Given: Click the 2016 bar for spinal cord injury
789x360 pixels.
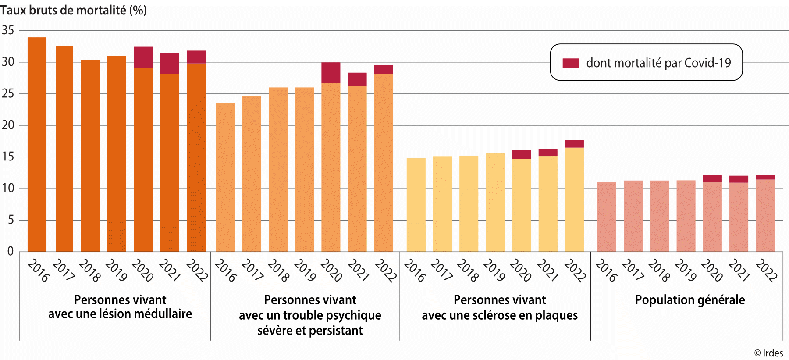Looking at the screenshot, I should (x=37, y=145).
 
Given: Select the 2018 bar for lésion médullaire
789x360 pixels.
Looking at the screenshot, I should (x=90, y=156).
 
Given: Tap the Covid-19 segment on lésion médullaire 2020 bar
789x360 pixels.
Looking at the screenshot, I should (x=143, y=57).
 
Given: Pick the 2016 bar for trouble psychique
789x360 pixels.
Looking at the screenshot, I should (x=225, y=178).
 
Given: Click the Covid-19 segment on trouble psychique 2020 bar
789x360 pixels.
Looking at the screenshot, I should (x=331, y=73).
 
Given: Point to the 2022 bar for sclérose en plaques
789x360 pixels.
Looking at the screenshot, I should (x=574, y=200).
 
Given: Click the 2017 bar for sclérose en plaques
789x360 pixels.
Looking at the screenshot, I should (x=442, y=204).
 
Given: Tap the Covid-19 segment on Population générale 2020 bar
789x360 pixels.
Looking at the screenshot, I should (x=712, y=178).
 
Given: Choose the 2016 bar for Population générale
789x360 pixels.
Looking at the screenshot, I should (x=607, y=217).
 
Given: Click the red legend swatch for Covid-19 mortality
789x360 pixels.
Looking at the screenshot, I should (x=571, y=63).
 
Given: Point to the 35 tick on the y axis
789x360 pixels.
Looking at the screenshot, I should (x=8, y=30).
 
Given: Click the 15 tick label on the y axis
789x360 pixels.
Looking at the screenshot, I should (x=8, y=157).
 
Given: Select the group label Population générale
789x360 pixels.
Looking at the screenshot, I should (x=689, y=300).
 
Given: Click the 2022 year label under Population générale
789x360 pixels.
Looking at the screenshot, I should (x=766, y=270).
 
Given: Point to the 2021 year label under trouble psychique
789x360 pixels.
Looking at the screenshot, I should (x=358, y=270).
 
